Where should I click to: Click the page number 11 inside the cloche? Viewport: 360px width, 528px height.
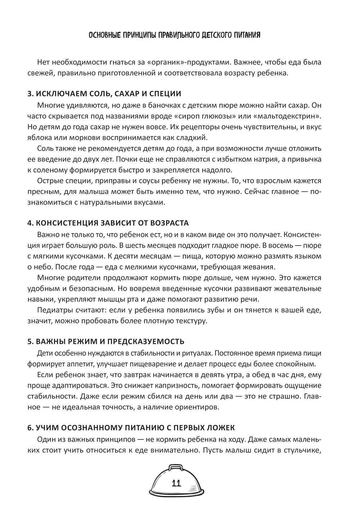(x=176, y=483)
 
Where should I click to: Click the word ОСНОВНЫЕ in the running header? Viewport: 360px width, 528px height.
(x=104, y=35)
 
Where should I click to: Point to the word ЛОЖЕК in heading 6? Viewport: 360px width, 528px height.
(x=221, y=428)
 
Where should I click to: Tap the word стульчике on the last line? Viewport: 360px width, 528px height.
(x=301, y=450)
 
